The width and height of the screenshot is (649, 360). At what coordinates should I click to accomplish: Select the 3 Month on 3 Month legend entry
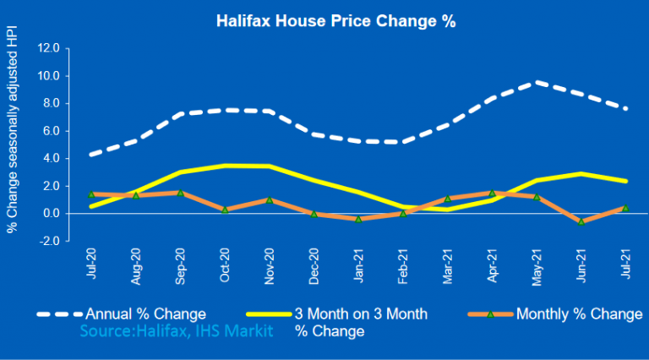[x=360, y=314]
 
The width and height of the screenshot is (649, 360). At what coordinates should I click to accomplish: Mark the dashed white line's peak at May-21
[x=535, y=82]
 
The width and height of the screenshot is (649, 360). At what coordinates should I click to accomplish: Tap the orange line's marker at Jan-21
[x=358, y=219]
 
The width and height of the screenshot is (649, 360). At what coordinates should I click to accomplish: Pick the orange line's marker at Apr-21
[x=490, y=194]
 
